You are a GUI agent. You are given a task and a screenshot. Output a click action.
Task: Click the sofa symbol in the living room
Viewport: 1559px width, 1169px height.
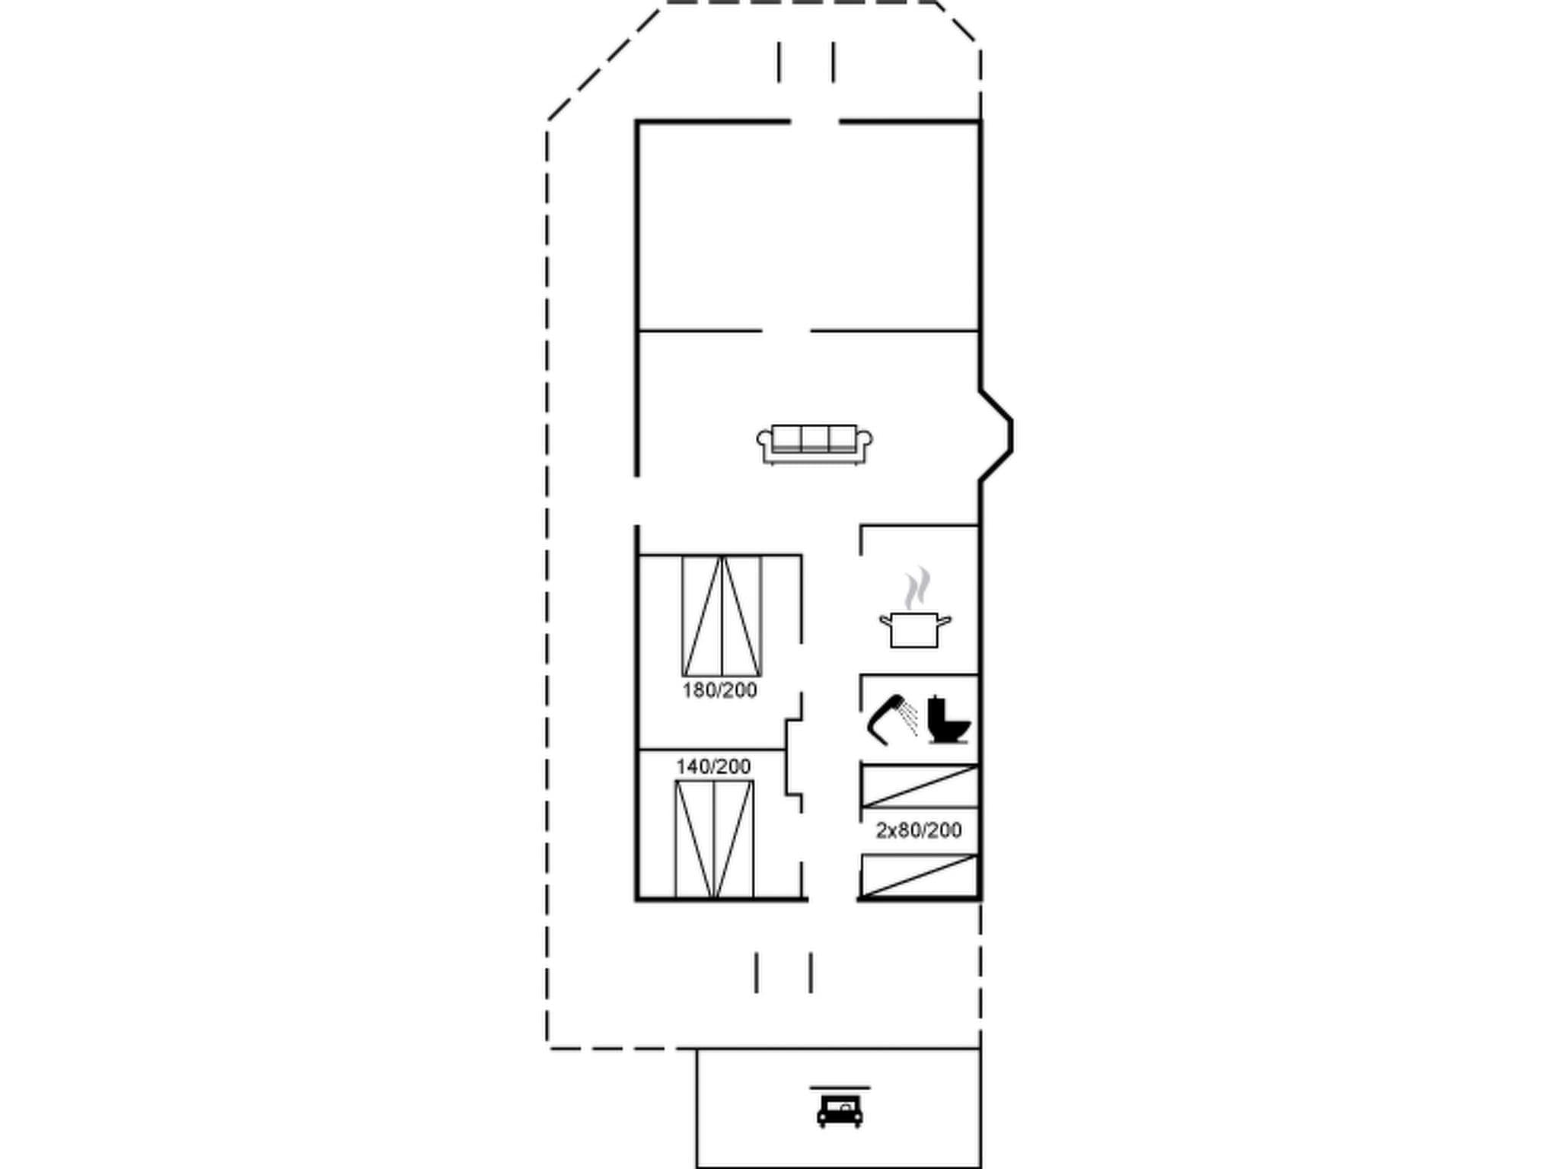pyautogui.click(x=814, y=444)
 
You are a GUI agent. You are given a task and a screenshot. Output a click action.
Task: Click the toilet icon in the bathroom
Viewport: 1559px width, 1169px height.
pyautogui.click(x=948, y=719)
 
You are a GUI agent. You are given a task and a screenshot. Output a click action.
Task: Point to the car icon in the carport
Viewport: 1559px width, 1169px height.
pyautogui.click(x=839, y=1110)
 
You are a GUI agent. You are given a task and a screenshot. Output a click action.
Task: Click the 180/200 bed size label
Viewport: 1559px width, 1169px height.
pyautogui.click(x=719, y=690)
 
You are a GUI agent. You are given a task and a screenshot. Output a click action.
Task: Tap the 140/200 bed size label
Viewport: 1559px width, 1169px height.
pyautogui.click(x=713, y=766)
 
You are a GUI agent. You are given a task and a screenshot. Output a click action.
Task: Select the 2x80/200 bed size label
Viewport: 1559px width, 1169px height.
pyautogui.click(x=919, y=830)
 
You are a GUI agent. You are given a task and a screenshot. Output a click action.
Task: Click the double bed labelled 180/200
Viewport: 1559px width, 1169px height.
pyautogui.click(x=722, y=616)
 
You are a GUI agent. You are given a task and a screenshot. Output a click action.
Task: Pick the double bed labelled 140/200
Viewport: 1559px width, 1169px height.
pyautogui.click(x=714, y=839)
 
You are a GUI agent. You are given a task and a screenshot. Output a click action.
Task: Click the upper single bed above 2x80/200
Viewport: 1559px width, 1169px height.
pyautogui.click(x=919, y=786)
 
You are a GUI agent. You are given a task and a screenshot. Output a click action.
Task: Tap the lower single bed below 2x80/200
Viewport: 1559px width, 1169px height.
pyautogui.click(x=919, y=875)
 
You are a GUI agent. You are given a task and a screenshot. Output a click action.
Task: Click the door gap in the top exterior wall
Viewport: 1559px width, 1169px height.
pyautogui.click(x=815, y=121)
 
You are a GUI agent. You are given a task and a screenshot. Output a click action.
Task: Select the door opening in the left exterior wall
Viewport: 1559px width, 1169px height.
pyautogui.click(x=636, y=501)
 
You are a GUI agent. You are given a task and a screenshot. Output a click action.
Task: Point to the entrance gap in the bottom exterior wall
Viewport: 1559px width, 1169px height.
pyautogui.click(x=832, y=900)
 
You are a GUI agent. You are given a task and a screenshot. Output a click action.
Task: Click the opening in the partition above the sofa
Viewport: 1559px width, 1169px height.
pyautogui.click(x=786, y=331)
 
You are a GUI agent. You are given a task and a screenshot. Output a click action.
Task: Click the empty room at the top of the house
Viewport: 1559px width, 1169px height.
pyautogui.click(x=808, y=226)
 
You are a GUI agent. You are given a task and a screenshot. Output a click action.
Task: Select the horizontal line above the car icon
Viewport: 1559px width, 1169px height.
pyautogui.click(x=839, y=1088)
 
